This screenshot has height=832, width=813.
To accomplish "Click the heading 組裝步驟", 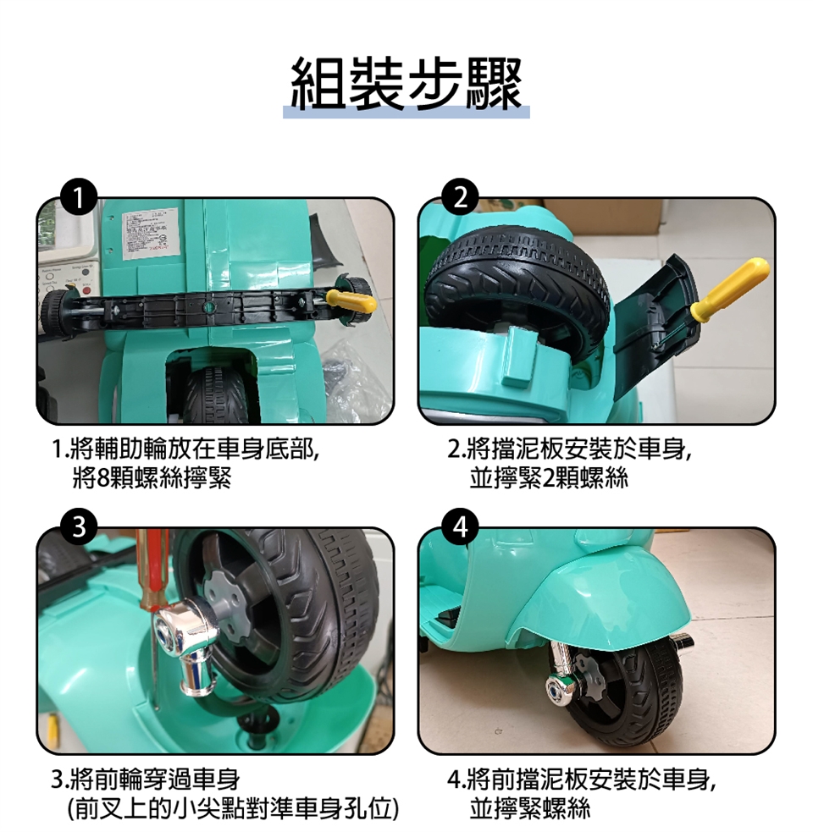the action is pos(406,85).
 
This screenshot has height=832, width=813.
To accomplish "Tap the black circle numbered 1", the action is pos(79,197).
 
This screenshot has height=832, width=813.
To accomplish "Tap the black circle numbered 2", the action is pos(461,197).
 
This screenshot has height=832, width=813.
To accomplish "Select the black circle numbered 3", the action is pos(79,527).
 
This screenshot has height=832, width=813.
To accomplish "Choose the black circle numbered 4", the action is pos(461,527).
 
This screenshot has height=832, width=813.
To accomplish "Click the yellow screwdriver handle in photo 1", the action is pos(351,300).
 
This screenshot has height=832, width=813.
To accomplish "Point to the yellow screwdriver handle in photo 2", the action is pos(730,289).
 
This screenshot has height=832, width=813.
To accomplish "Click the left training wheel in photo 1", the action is pos(55,311).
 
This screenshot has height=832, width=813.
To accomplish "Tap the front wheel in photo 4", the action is pos(627,694).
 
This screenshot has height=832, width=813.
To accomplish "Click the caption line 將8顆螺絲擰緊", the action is pos(152,478).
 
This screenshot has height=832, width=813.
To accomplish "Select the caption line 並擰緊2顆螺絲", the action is pos(549,478).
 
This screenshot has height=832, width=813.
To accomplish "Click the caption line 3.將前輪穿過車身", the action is pos(146,780).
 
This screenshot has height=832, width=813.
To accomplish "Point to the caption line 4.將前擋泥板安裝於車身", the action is pos(583,780).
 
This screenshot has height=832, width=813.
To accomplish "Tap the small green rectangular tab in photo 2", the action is pos(517,355).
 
